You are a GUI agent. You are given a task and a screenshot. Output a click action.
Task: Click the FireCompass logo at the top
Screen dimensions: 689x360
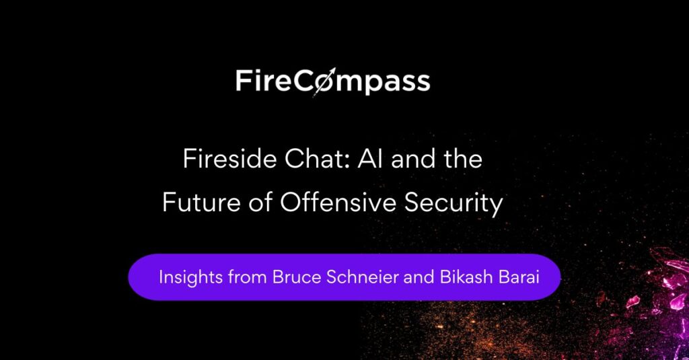click(x=332, y=82)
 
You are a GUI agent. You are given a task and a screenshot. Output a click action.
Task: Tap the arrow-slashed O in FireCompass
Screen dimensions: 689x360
click(x=324, y=82)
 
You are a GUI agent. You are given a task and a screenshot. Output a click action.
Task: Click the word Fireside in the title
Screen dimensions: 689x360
click(x=230, y=159)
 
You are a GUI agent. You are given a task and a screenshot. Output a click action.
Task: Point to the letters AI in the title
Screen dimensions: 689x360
click(x=371, y=159)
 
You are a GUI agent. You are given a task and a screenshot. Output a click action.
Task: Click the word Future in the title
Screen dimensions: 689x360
click(x=201, y=203)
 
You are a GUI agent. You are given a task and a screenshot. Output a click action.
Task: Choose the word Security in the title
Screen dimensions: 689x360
click(x=454, y=203)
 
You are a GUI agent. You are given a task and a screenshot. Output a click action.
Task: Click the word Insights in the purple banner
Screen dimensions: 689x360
click(x=190, y=277)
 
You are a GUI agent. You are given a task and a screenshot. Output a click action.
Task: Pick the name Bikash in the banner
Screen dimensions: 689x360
click(x=467, y=277)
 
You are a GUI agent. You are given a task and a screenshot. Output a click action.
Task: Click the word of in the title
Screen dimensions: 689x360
click(x=259, y=203)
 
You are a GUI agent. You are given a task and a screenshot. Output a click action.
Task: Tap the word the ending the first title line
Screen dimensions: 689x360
click(x=463, y=159)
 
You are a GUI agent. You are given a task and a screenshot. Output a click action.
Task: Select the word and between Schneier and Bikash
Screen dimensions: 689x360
click(x=419, y=277)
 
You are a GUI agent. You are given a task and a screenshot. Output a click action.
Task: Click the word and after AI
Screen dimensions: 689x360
click(x=414, y=159)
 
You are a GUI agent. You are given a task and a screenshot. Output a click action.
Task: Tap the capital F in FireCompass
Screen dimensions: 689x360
click(x=243, y=81)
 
